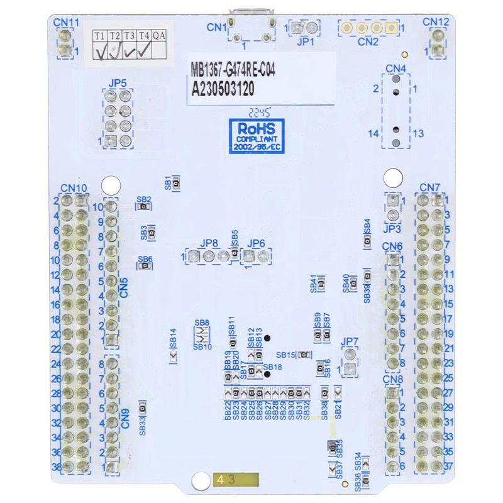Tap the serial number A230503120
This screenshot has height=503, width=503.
pyautogui.click(x=223, y=89)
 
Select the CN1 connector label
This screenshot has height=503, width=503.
pyautogui.click(x=217, y=27)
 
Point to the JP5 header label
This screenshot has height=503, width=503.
pyautogui.click(x=118, y=83)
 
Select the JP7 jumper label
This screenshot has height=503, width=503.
pyautogui.click(x=350, y=342)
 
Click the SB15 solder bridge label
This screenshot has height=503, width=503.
pyautogui.click(x=285, y=355)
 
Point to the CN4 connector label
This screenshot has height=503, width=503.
pyautogui.click(x=395, y=68)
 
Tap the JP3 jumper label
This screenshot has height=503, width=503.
pyautogui.click(x=392, y=230)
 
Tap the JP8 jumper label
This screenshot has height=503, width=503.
pyautogui.click(x=209, y=243)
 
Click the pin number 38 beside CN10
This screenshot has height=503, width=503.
pyautogui.click(x=55, y=467)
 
